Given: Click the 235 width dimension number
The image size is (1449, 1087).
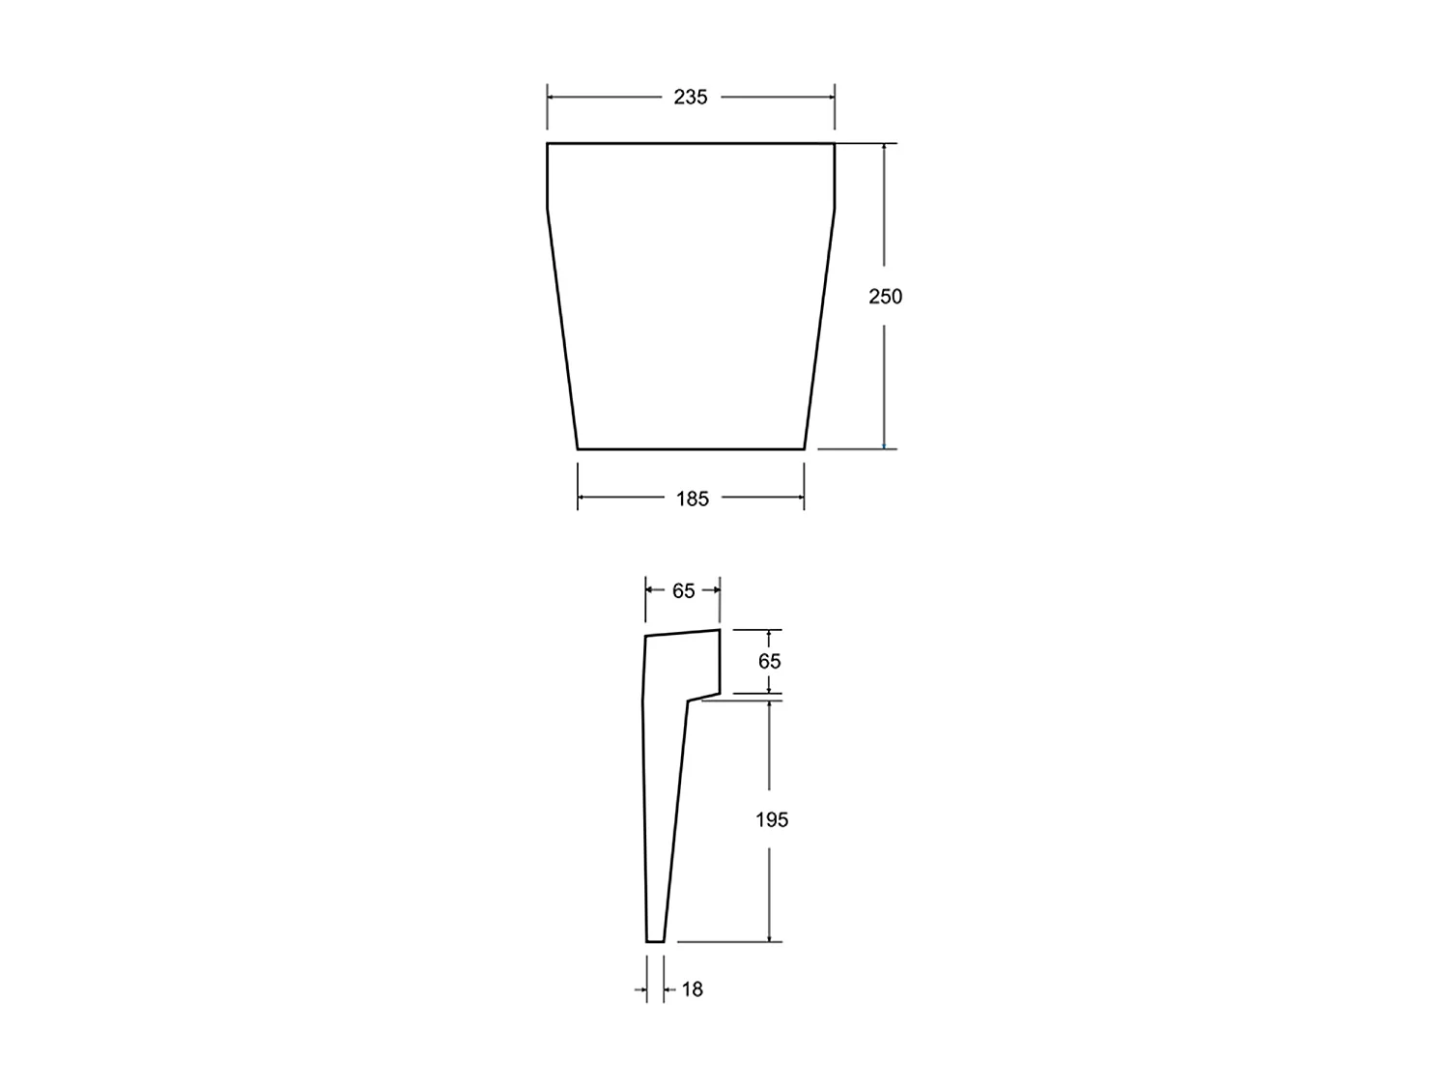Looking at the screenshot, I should pyautogui.click(x=691, y=97).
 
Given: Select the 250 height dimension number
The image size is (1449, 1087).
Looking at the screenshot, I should pyautogui.click(x=885, y=297).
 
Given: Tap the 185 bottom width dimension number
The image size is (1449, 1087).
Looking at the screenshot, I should pyautogui.click(x=692, y=499).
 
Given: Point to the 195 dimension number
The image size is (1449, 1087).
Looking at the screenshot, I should pyautogui.click(x=772, y=819).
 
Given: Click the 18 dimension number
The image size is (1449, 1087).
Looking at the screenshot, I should pyautogui.click(x=693, y=989).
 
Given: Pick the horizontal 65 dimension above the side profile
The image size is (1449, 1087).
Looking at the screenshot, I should pyautogui.click(x=684, y=590).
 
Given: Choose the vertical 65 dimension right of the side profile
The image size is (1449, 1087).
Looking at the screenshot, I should pyautogui.click(x=770, y=662).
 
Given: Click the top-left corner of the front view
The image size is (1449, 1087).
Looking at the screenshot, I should pyautogui.click(x=548, y=143).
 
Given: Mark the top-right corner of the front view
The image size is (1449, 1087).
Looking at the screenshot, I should pyautogui.click(x=835, y=143).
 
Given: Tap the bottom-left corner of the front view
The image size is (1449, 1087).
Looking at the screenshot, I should pyautogui.click(x=578, y=449).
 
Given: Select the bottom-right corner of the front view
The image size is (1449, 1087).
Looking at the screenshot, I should pyautogui.click(x=805, y=449).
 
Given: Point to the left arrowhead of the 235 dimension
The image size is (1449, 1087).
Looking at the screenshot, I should pyautogui.click(x=552, y=97).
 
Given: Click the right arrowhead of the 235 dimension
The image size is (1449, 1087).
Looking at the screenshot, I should pyautogui.click(x=831, y=97).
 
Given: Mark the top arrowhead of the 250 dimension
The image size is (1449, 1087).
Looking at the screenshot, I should pyautogui.click(x=884, y=148).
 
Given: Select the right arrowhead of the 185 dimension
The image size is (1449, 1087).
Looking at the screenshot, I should pyautogui.click(x=800, y=498).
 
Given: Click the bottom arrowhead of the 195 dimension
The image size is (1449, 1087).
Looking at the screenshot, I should pyautogui.click(x=769, y=937).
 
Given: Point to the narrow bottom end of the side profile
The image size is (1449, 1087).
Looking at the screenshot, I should pyautogui.click(x=655, y=940).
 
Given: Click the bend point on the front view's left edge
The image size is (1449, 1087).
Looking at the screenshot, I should pyautogui.click(x=548, y=209).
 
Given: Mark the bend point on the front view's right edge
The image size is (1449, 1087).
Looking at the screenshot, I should pyautogui.click(x=835, y=209).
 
